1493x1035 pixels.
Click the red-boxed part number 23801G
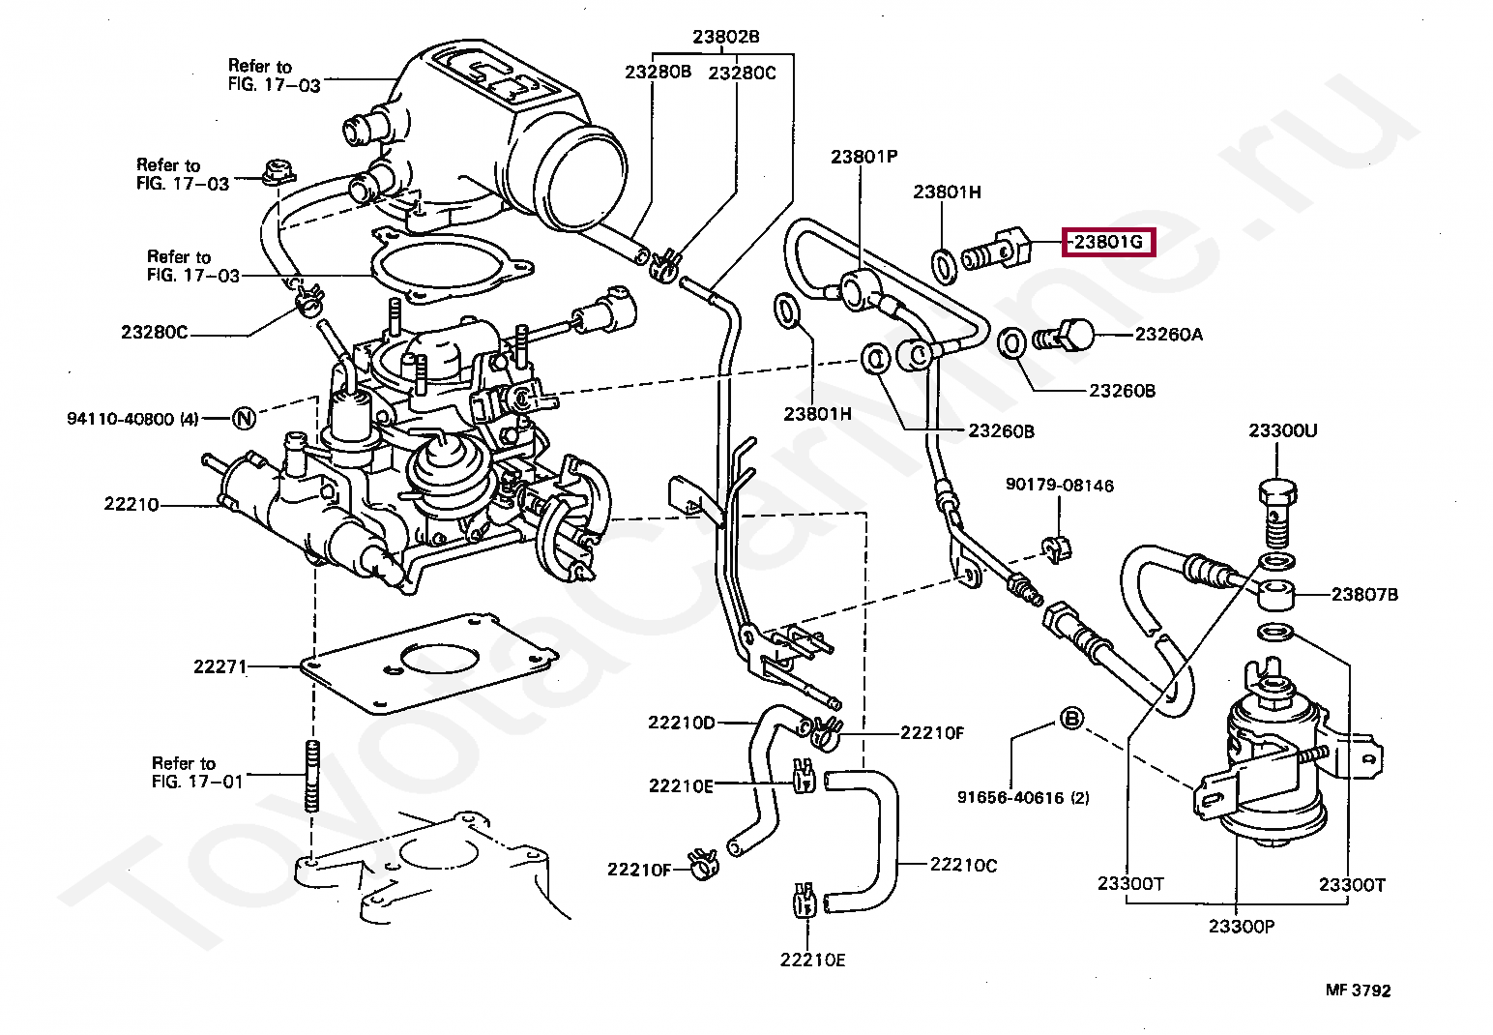[1108, 242]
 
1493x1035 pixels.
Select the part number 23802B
[726, 37]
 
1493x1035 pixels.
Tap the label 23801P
[864, 157]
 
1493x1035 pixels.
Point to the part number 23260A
[1169, 334]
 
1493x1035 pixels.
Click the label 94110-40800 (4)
[132, 419]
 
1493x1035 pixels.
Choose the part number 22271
[220, 666]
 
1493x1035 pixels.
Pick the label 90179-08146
[1060, 485]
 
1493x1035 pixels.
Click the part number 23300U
[1283, 430]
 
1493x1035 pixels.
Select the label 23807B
[1364, 594]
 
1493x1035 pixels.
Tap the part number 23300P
[1242, 927]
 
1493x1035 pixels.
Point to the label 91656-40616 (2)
[1023, 798]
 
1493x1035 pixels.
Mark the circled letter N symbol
[245, 418]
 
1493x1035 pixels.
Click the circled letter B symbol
[1071, 719]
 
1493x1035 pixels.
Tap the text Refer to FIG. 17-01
[197, 772]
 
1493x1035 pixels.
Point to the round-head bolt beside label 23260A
[1063, 337]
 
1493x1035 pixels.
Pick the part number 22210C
[964, 865]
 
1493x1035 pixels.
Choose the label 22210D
[682, 723]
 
